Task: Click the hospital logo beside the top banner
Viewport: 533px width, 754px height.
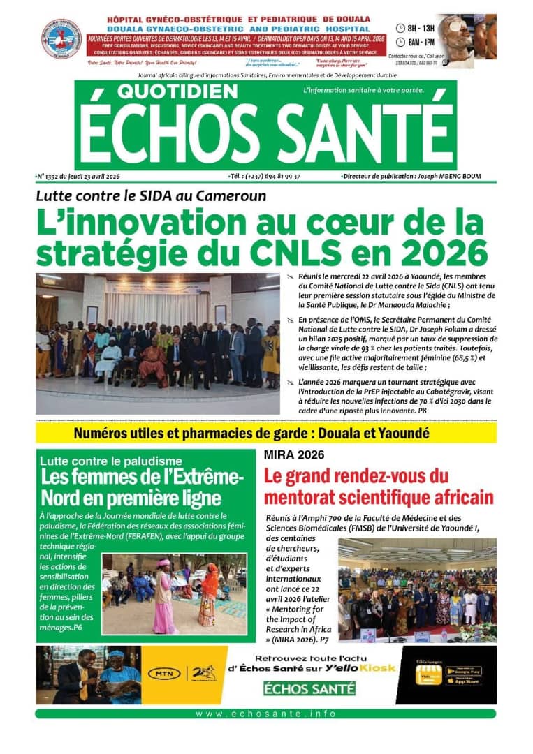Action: click(61, 38)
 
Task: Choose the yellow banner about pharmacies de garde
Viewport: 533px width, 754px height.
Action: click(266, 433)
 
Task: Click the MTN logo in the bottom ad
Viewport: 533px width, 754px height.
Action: click(166, 674)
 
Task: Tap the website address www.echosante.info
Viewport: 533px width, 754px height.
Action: click(266, 714)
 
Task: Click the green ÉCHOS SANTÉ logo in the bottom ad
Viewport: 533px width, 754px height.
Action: click(309, 689)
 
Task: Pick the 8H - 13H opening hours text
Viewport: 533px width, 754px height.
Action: click(421, 28)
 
